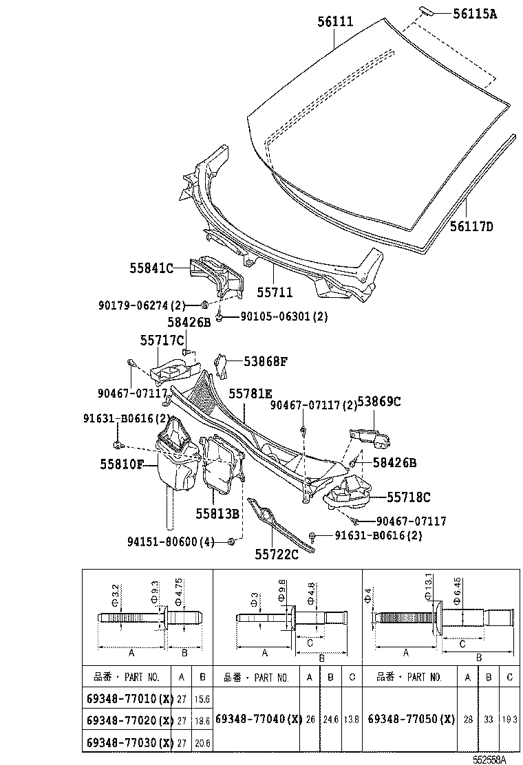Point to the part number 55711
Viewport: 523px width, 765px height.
point(275,292)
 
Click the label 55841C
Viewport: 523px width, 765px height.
point(151,268)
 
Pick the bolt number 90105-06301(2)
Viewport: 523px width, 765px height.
point(284,316)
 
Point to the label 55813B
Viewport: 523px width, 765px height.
point(216,513)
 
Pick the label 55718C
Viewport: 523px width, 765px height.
point(408,496)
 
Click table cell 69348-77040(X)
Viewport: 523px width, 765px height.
point(259,719)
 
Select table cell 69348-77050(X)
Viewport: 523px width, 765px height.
point(412,719)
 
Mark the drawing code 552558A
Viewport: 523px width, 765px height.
point(489,759)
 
